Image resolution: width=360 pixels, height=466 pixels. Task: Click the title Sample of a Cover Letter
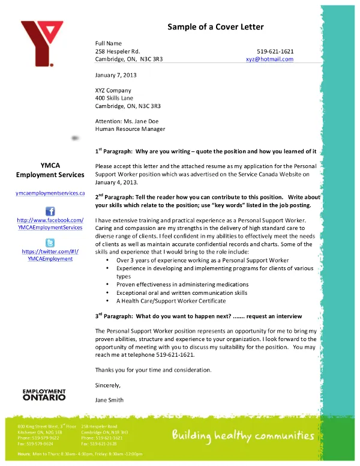[215, 27]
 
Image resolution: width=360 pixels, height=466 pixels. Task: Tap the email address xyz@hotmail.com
[269, 59]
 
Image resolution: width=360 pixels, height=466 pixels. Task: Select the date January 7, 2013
[116, 75]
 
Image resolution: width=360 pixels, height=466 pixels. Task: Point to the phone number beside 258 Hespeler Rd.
[275, 52]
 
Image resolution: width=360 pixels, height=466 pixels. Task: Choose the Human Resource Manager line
[130, 129]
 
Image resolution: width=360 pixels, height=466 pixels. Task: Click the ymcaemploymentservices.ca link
[50, 193]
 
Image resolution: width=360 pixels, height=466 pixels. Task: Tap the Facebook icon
[50, 211]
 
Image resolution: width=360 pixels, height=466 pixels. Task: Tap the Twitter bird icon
[50, 243]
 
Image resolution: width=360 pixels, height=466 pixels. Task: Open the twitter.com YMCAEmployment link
[50, 255]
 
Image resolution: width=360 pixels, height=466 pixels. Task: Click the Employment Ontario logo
[44, 395]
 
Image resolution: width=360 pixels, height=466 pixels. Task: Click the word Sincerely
[108, 385]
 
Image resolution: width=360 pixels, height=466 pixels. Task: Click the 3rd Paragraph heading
[199, 316]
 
